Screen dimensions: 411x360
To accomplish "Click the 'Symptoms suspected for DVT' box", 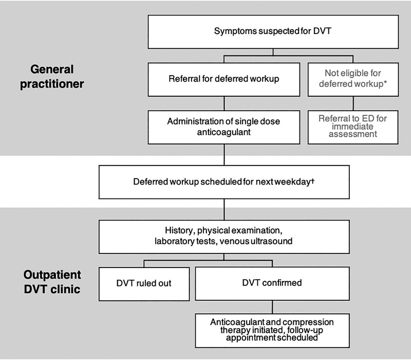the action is pyautogui.click(x=273, y=32).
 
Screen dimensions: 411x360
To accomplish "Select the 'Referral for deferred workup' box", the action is pyautogui.click(x=224, y=80).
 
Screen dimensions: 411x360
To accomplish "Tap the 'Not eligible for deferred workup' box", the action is pyautogui.click(x=353, y=80).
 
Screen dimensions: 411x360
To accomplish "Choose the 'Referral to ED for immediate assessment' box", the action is pyautogui.click(x=353, y=127).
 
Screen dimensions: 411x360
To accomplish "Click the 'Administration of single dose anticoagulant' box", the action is pyautogui.click(x=224, y=127).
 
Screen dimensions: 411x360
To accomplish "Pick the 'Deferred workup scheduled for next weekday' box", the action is pyautogui.click(x=224, y=182).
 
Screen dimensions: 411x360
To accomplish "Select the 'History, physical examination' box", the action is pyautogui.click(x=224, y=237).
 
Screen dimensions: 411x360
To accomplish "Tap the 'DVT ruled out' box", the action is pyautogui.click(x=144, y=284).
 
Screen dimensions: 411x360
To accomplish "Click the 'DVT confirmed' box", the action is pyautogui.click(x=272, y=284).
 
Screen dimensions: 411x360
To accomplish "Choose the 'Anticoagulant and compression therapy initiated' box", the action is pyautogui.click(x=272, y=331).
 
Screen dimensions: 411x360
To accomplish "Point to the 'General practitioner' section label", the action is pyautogui.click(x=52, y=77).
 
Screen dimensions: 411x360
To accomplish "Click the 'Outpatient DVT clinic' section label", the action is pyautogui.click(x=52, y=282).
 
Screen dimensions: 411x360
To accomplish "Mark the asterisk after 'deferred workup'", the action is pyautogui.click(x=385, y=82).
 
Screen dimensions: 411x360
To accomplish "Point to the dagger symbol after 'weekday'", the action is pyautogui.click(x=312, y=181).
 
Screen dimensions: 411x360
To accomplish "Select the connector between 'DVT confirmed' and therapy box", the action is pyautogui.click(x=272, y=307).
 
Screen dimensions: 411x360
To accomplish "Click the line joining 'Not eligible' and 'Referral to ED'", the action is pyautogui.click(x=353, y=103).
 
